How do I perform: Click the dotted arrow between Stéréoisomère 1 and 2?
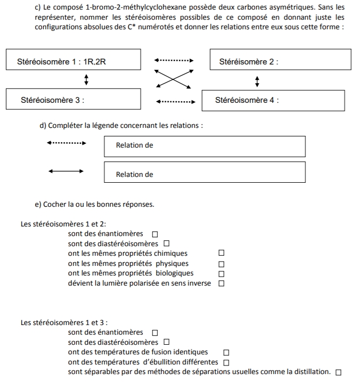[174, 61]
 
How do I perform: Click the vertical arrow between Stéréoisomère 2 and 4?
[258, 81]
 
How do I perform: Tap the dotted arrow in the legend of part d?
[66, 143]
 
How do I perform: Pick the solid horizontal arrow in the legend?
[66, 171]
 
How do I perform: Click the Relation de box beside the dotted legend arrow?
[204, 146]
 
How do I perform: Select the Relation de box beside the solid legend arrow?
[204, 173]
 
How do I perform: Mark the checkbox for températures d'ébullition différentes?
[226, 362]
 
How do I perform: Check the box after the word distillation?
[338, 372]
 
